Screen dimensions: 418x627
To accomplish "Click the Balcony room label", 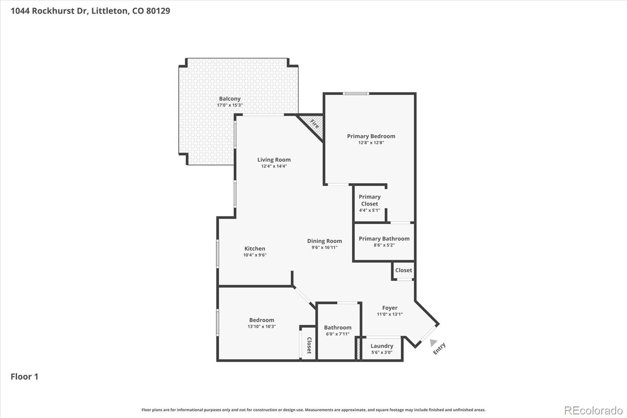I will [230, 99].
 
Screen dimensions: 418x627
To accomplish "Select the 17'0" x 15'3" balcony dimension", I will [230, 105].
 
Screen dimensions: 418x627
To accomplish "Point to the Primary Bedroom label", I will [371, 136].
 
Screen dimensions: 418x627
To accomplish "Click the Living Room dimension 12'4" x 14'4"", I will [274, 166].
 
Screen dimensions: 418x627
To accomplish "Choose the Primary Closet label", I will [370, 200].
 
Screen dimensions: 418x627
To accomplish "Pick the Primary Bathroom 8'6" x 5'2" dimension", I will [384, 245].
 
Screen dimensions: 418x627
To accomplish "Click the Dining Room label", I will [324, 241].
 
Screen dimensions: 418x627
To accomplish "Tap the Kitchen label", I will [255, 248].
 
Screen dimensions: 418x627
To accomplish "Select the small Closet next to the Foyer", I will [403, 270].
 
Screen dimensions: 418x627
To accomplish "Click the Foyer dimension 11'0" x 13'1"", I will [390, 314].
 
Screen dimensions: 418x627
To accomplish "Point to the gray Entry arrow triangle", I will [433, 343].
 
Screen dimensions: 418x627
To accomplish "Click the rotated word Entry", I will [439, 349].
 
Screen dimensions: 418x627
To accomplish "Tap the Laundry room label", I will [382, 346].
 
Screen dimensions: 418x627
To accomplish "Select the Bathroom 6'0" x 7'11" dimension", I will [337, 334].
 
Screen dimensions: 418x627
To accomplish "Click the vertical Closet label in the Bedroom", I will [309, 345].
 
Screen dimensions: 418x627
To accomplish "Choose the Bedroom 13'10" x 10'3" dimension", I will [261, 326].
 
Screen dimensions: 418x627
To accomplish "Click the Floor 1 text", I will [24, 376].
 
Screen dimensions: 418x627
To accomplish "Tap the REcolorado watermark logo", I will [593, 411].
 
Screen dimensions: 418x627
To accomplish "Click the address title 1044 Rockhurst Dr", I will [90, 11].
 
